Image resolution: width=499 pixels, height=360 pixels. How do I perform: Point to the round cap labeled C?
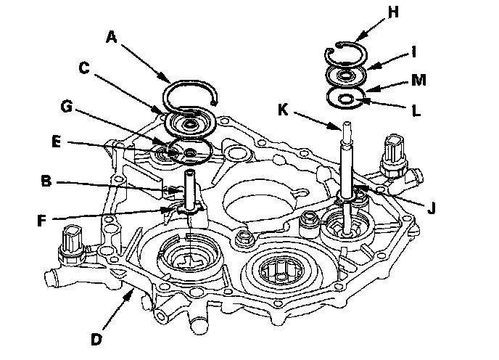pyautogui.click(x=191, y=124)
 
